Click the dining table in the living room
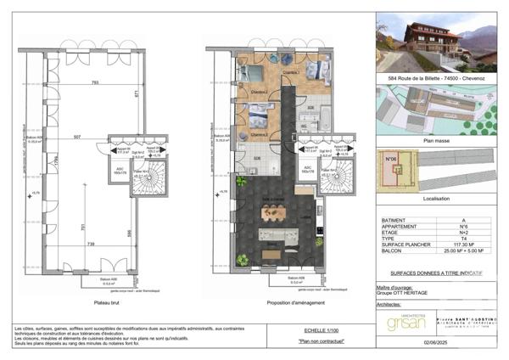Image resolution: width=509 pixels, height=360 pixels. coord(273,213)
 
